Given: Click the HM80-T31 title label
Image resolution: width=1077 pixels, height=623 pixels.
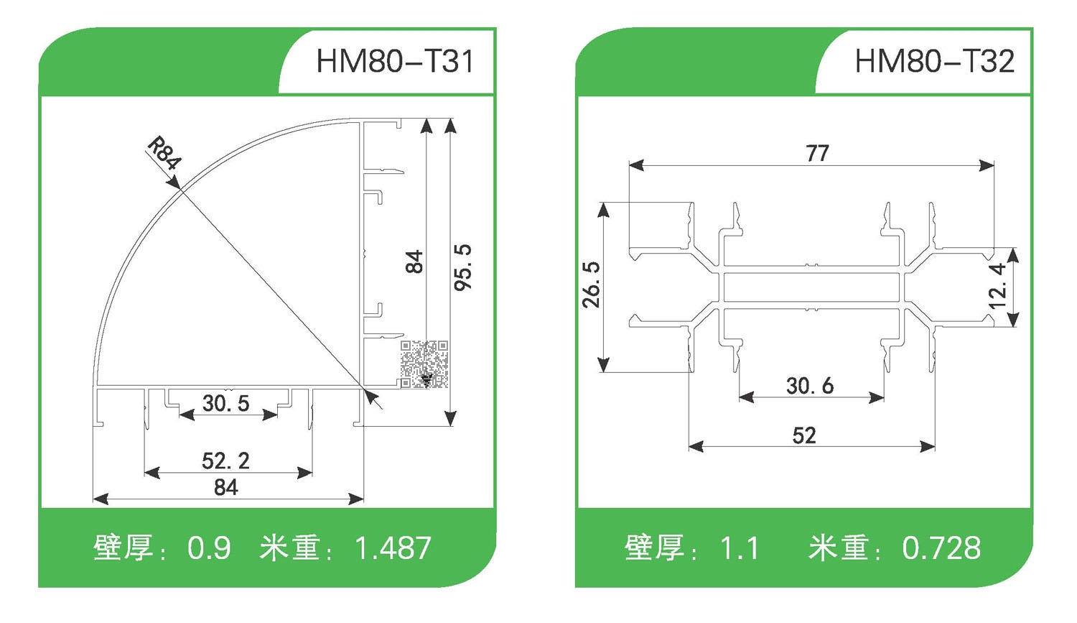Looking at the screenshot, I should point(395,61).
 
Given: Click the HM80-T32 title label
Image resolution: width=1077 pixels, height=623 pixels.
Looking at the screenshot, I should point(934,61).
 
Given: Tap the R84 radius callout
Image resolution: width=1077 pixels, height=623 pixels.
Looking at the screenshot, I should point(164,154).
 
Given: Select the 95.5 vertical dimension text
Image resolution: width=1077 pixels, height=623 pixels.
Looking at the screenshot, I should point(464,267).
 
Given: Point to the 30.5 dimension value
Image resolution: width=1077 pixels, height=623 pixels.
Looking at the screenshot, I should point(225,403).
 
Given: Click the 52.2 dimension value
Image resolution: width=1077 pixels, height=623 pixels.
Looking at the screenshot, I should point(225,461).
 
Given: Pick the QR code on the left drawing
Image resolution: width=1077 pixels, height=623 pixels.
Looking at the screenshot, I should point(424,364).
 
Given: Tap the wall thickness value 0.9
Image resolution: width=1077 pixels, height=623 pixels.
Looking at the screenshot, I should point(209,549).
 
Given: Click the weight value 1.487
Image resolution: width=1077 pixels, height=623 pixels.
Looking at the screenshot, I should point(393,549).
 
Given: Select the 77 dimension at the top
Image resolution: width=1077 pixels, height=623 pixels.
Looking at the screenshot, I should point(817,153).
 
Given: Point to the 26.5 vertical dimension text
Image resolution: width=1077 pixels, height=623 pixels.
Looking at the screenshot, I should point(591,285).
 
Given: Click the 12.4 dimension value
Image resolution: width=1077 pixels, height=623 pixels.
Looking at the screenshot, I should point(998,286).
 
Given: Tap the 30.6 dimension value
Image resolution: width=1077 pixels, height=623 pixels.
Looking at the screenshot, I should point(810,386).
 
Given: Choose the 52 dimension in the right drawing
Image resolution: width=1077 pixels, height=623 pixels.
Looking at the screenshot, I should point(804,435).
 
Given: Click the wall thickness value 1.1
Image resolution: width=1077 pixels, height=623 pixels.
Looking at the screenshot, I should point(740,549).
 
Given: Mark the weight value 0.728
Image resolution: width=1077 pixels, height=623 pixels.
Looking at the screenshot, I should point(941,549).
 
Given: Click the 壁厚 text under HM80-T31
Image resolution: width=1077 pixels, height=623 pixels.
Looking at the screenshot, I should point(123,548).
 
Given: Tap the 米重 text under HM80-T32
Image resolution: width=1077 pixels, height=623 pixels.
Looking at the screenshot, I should point(838,548).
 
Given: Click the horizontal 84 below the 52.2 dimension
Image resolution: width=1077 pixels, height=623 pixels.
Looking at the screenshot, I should point(225,487).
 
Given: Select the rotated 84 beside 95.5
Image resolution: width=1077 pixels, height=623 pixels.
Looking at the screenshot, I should point(414,262).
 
